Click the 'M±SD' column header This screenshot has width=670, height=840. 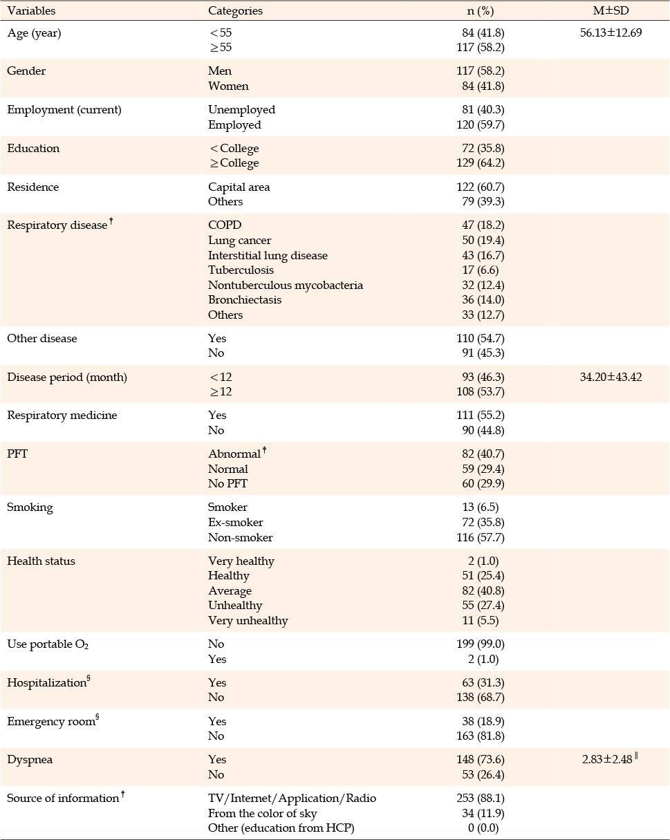click(x=611, y=10)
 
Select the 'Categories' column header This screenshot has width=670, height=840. click(x=235, y=11)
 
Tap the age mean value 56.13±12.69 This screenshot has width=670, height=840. click(x=611, y=32)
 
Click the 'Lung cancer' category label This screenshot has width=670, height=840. click(x=239, y=240)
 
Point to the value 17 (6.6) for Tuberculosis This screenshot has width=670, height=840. click(x=481, y=270)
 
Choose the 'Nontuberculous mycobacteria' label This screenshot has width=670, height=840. click(x=286, y=285)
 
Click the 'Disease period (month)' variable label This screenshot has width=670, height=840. click(x=67, y=377)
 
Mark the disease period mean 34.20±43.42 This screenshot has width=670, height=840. click(x=611, y=377)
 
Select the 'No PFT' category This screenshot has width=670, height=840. click(x=227, y=483)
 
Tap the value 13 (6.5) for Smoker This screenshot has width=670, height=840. click(x=481, y=507)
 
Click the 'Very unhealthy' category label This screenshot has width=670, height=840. click(x=248, y=620)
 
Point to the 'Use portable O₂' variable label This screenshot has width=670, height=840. click(x=48, y=644)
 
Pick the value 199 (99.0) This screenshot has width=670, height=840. click(x=481, y=644)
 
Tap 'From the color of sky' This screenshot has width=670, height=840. click(x=262, y=813)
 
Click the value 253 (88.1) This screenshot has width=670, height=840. click(x=481, y=798)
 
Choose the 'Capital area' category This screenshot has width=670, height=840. click(x=239, y=187)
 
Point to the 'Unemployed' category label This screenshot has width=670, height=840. click(x=242, y=110)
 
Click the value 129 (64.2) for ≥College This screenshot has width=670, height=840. click(x=481, y=162)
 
